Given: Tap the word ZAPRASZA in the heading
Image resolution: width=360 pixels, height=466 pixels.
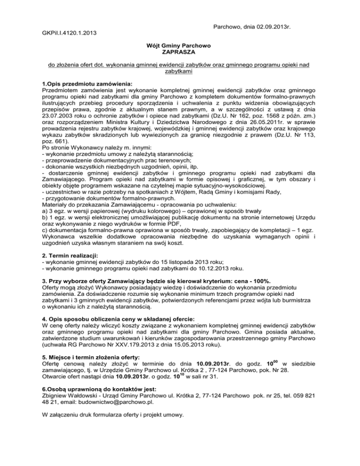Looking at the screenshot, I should click(x=180, y=53).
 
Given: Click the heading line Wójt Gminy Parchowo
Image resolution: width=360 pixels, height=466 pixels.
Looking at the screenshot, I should click(x=180, y=46).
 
